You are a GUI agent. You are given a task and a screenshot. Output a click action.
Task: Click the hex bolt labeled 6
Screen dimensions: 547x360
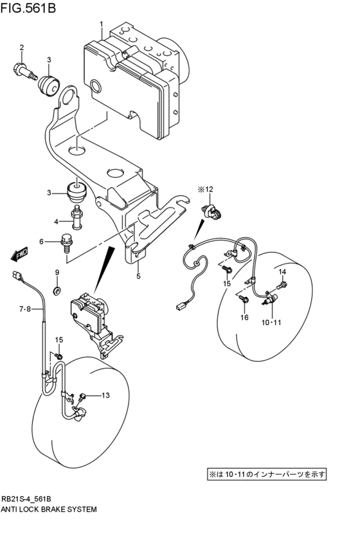tap(66, 243)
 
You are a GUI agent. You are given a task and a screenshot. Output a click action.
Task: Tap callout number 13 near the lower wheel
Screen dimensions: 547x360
tap(105, 395)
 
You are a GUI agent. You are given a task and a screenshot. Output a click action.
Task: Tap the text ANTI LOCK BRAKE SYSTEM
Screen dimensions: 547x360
tap(50, 509)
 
